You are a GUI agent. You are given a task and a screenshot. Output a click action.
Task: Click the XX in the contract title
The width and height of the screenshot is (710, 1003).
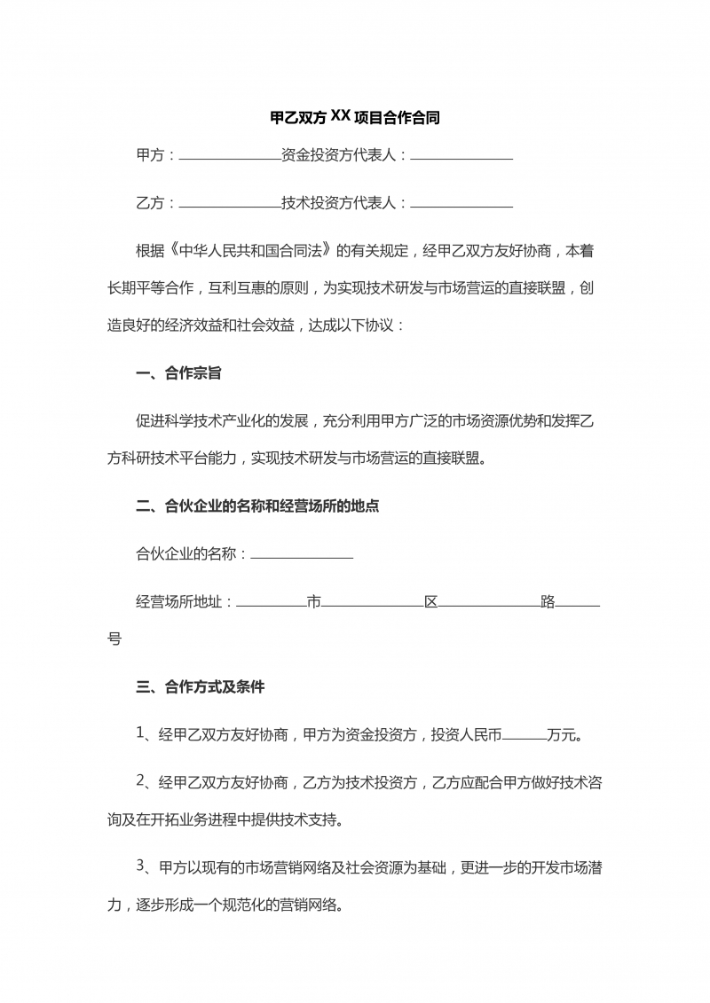pos(341,115)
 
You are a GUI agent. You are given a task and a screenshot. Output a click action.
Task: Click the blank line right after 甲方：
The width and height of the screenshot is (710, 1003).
pos(230,157)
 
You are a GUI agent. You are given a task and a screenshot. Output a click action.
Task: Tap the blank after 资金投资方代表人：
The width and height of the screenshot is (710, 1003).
pos(461,157)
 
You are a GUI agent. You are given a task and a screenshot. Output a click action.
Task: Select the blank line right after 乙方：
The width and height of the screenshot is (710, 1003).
pos(230,205)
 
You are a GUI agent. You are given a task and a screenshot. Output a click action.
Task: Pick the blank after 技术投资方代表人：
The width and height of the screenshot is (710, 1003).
pos(461,205)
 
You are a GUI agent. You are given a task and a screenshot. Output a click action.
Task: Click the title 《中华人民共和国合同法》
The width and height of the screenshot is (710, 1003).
pos(258,251)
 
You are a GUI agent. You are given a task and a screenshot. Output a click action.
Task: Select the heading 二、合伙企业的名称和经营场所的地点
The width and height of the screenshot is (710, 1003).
pos(257,507)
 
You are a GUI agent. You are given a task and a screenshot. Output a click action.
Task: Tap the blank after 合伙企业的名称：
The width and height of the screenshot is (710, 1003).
pos(302,556)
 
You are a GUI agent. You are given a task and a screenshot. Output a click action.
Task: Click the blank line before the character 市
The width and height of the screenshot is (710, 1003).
pos(271,604)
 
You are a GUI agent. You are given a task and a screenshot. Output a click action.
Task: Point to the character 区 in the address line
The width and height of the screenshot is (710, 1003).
pos(430,603)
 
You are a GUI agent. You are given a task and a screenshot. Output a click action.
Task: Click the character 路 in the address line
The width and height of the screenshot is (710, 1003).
pos(548,603)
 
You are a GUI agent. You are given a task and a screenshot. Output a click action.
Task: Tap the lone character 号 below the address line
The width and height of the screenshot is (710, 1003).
pos(114,639)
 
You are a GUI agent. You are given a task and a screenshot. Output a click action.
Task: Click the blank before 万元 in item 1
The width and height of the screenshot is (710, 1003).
pos(525,736)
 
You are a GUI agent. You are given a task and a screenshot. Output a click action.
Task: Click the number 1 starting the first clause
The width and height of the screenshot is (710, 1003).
pos(140,733)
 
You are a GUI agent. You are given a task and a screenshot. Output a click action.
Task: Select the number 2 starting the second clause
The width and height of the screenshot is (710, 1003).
pos(140,781)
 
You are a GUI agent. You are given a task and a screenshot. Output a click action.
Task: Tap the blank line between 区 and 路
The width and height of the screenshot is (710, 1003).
pos(489,604)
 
